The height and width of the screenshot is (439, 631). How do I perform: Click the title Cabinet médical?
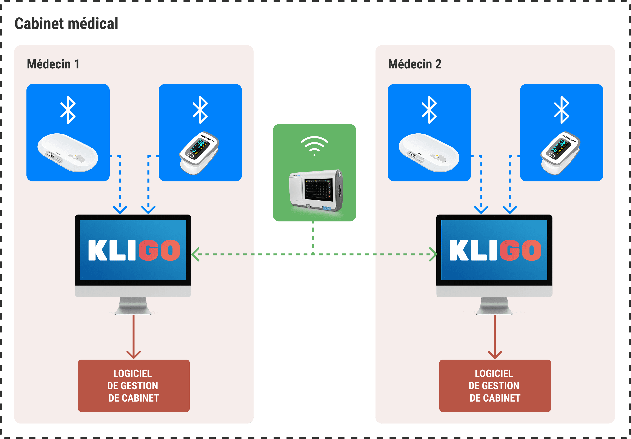point(66,24)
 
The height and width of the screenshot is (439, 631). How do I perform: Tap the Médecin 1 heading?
point(53,64)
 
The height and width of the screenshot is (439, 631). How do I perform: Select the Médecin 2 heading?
point(414,64)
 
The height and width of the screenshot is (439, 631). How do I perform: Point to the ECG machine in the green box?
point(316,190)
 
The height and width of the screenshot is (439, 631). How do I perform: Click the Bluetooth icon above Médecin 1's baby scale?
point(68,110)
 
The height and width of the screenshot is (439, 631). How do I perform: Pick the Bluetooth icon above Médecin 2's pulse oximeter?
point(561,110)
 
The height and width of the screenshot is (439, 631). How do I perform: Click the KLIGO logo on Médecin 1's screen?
point(134,250)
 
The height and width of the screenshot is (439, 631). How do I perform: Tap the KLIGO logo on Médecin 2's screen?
point(495,250)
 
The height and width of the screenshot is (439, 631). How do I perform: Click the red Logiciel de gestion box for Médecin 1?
point(134,385)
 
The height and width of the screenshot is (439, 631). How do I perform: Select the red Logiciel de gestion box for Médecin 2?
point(495,385)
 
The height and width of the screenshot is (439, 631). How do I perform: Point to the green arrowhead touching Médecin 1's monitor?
point(195,254)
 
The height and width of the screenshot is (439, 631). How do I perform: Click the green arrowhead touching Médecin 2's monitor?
point(433,254)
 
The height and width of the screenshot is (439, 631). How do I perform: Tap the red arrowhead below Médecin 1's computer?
point(134,355)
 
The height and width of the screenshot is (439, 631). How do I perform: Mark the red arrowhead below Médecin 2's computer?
point(495,355)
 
